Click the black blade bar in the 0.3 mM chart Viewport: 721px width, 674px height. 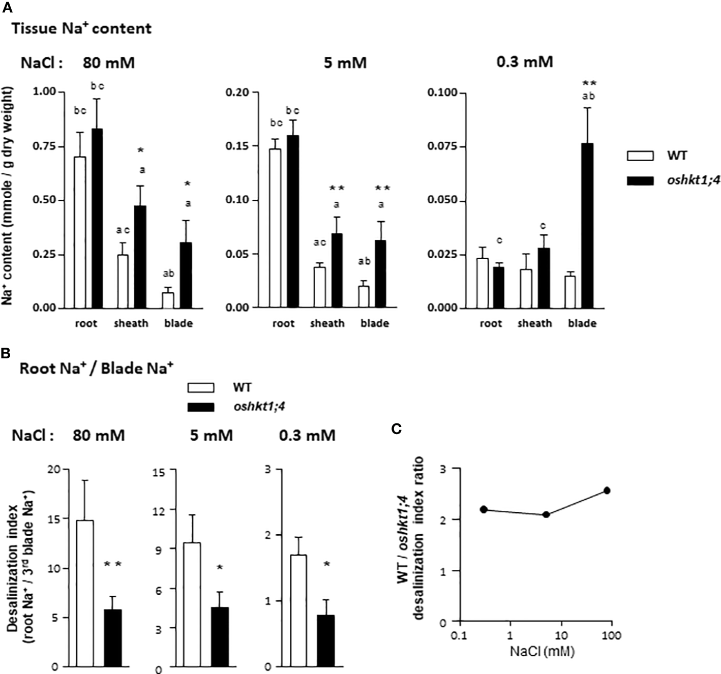pyautogui.click(x=587, y=226)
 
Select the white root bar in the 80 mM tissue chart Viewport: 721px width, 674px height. pyautogui.click(x=80, y=232)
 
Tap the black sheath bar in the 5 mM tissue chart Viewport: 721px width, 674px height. pyautogui.click(x=336, y=270)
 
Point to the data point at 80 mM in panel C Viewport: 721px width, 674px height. pyautogui.click(x=607, y=491)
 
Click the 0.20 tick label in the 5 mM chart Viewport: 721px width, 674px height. pyautogui.click(x=237, y=92)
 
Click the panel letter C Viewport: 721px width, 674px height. pyautogui.click(x=397, y=430)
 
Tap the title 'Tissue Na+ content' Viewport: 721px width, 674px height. pyautogui.click(x=81, y=28)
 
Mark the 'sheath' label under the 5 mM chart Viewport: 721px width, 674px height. pyautogui.click(x=327, y=323)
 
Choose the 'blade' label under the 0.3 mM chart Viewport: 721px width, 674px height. pyautogui.click(x=582, y=323)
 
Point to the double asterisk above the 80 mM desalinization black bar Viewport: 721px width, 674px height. pyautogui.click(x=113, y=564)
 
